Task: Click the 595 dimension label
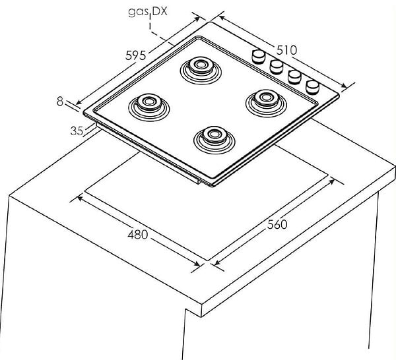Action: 135,55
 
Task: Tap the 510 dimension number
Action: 286,50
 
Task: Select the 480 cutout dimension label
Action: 138,235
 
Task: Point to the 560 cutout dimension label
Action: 277,224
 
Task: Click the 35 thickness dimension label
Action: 77,131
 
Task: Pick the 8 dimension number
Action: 59,101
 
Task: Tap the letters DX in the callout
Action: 160,11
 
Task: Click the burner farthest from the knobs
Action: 148,107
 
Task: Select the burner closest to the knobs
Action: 266,104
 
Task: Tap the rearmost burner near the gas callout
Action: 201,70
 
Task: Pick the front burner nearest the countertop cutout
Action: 214,140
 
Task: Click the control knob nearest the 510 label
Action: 258,56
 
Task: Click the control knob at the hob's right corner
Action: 312,87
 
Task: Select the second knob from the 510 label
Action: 277,67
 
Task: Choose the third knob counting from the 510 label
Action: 294,77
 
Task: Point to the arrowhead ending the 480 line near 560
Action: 197,263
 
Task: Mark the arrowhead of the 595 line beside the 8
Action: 79,102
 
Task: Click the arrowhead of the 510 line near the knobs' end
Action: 344,86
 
